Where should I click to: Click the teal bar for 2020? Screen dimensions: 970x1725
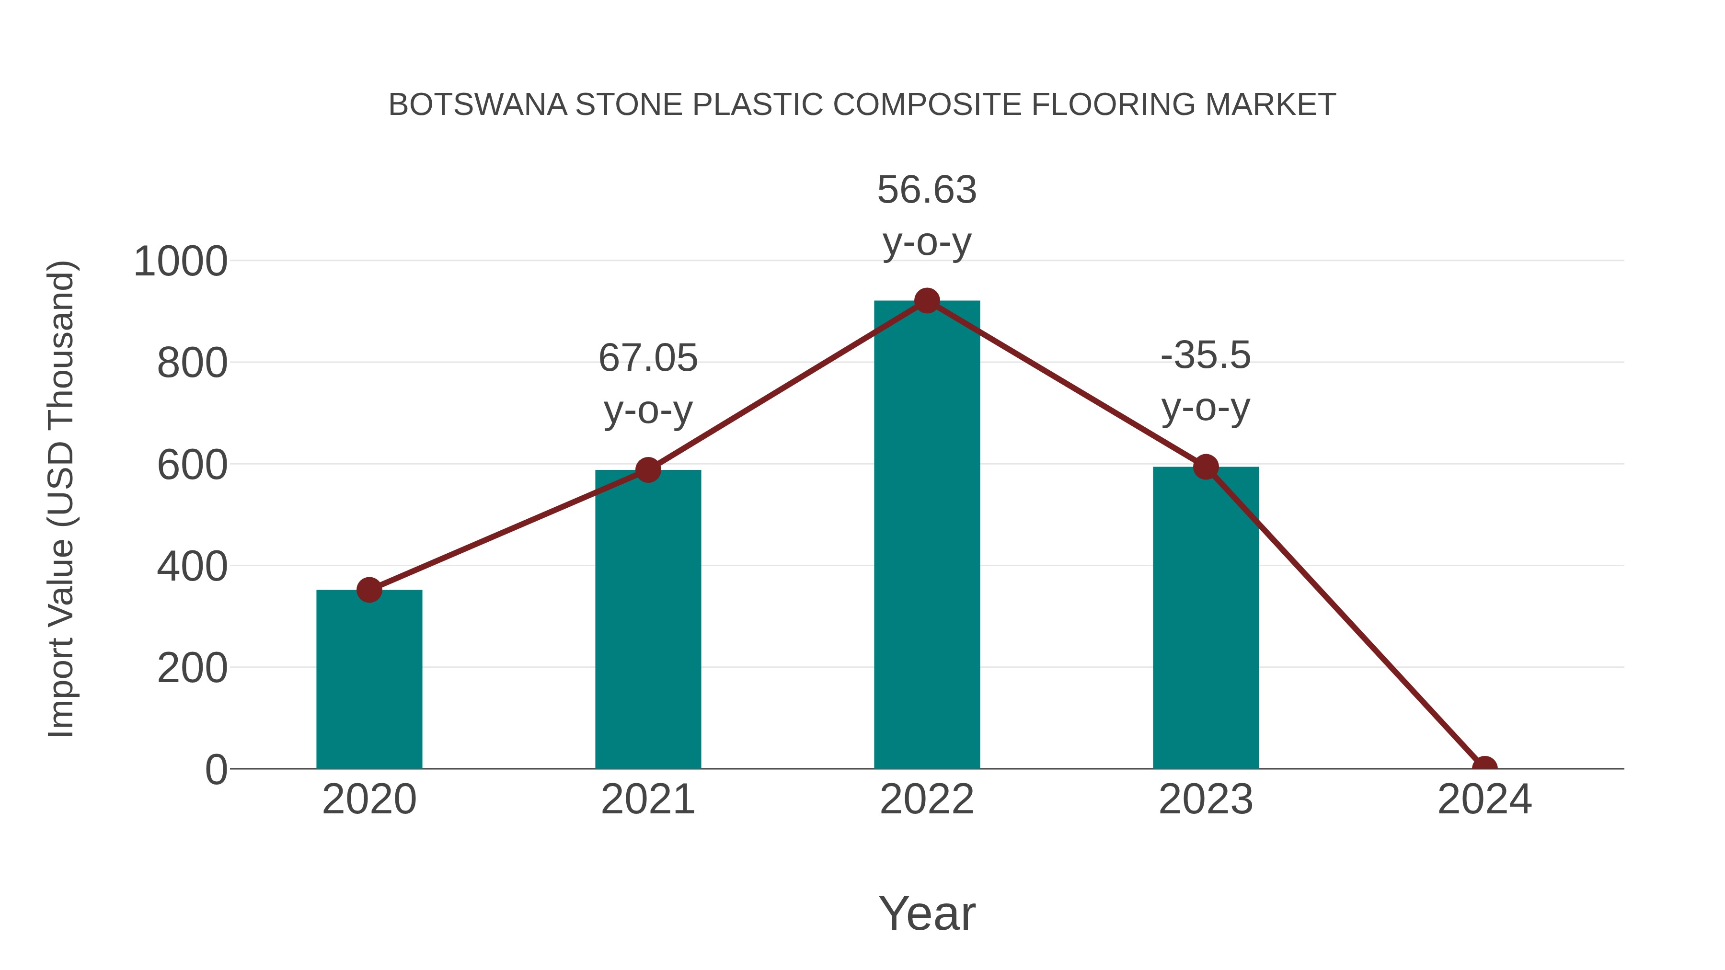[369, 679]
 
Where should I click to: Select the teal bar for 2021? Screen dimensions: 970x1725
[647, 619]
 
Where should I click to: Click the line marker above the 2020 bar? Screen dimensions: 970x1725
[369, 590]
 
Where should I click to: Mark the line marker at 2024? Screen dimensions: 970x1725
[1484, 767]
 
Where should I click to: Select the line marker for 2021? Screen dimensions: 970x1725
[647, 470]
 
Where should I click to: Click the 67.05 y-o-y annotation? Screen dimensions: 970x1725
[647, 384]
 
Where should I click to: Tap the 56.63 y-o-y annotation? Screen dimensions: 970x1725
[927, 216]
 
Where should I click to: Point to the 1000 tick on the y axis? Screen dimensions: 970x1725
[181, 261]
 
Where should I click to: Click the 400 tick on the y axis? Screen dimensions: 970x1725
[192, 566]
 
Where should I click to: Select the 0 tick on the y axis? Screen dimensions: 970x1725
[216, 769]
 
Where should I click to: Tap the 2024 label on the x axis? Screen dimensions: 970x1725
[1484, 799]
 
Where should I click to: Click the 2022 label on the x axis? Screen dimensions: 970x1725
[927, 799]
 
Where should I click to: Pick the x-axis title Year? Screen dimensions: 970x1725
[927, 913]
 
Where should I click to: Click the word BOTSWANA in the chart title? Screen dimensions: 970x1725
[477, 105]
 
